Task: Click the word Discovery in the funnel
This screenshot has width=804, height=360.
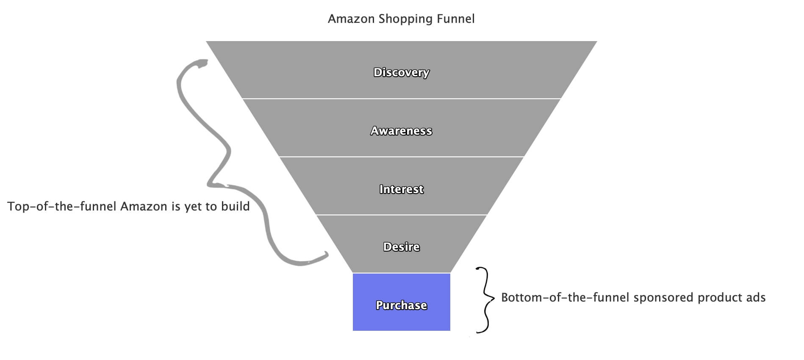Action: [401, 73]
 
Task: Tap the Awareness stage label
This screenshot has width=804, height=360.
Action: [401, 131]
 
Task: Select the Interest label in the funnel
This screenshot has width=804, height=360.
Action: [401, 189]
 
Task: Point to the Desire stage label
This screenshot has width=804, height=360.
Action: [401, 247]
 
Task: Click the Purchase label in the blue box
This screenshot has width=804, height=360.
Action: [401, 305]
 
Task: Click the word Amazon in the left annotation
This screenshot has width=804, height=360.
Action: [144, 207]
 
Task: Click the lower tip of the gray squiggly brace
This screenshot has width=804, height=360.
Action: [327, 254]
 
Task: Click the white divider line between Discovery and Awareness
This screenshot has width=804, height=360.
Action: [401, 99]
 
